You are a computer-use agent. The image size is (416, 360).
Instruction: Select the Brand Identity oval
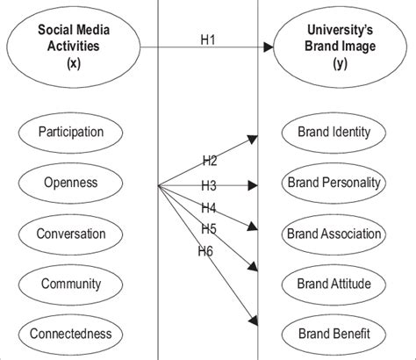pos(334,133)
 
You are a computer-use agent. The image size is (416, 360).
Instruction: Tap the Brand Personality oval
pos(334,184)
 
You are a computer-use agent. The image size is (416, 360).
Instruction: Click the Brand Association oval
pos(334,234)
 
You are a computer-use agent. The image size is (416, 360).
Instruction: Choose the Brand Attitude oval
pos(334,284)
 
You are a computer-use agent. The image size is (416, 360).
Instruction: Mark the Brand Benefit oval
pos(334,334)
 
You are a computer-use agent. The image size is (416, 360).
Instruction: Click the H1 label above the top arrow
pos(207,39)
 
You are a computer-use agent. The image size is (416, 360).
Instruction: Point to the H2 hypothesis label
pos(210,161)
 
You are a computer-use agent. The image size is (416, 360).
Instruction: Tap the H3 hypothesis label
pos(208,185)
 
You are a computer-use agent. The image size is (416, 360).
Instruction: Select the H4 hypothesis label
pos(208,208)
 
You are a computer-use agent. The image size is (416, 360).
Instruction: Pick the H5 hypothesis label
pos(208,228)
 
